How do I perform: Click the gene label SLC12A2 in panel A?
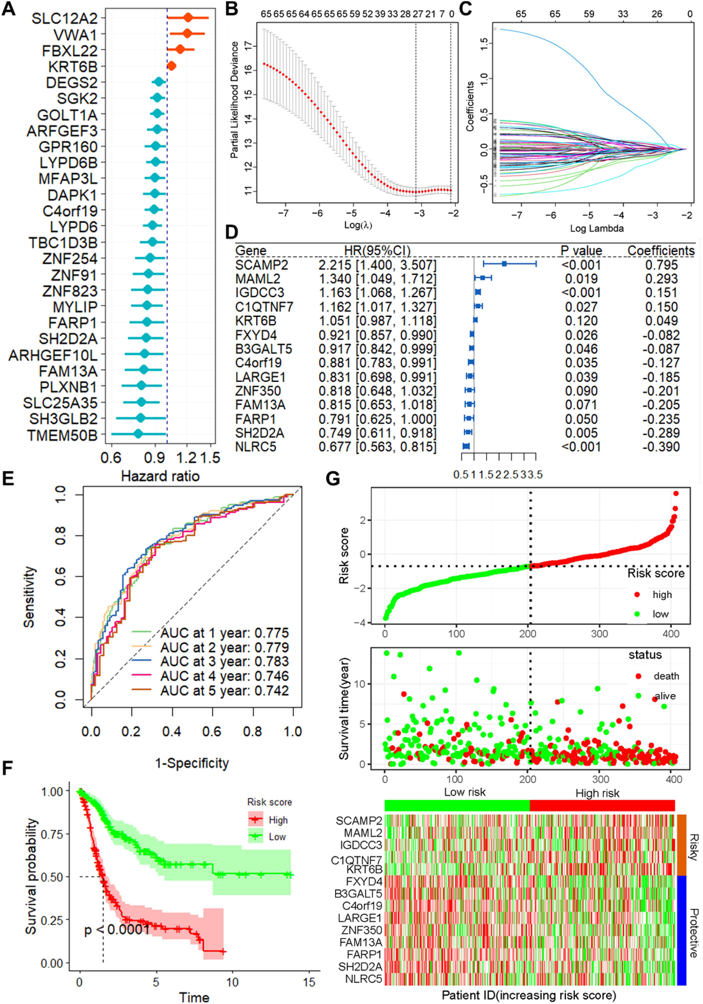[x=64, y=18]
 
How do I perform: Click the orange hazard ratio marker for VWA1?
[x=187, y=34]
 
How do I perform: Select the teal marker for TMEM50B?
[x=138, y=434]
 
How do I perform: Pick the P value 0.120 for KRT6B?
[x=581, y=321]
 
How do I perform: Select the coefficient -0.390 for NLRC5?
[x=662, y=447]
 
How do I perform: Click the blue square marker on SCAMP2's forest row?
[x=504, y=265]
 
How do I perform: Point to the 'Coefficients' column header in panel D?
[x=661, y=251]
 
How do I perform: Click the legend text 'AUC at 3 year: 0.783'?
[x=224, y=662]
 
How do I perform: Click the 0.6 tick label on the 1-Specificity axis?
[x=211, y=732]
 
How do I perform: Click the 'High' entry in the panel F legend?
[x=278, y=820]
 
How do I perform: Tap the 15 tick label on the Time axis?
[x=309, y=982]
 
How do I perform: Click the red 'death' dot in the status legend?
[x=638, y=676]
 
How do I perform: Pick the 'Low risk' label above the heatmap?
[x=465, y=793]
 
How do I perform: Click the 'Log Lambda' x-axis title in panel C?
[x=596, y=228]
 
